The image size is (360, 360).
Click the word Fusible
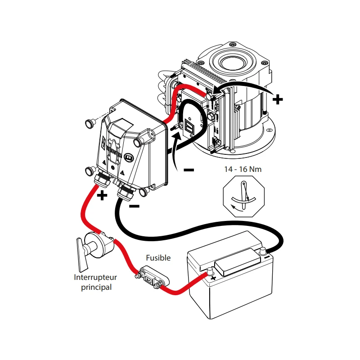[x=158, y=258]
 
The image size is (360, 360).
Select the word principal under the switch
[x=96, y=287]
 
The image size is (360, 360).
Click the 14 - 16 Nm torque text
[x=243, y=170]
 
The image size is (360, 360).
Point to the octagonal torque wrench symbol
[x=244, y=198]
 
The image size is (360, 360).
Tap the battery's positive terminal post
[x=209, y=271]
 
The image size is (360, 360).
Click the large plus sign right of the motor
[x=278, y=99]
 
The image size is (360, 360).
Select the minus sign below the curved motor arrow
[x=189, y=170]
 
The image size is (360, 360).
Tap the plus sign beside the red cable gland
[x=103, y=195]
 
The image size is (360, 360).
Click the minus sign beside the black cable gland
[x=134, y=206]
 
